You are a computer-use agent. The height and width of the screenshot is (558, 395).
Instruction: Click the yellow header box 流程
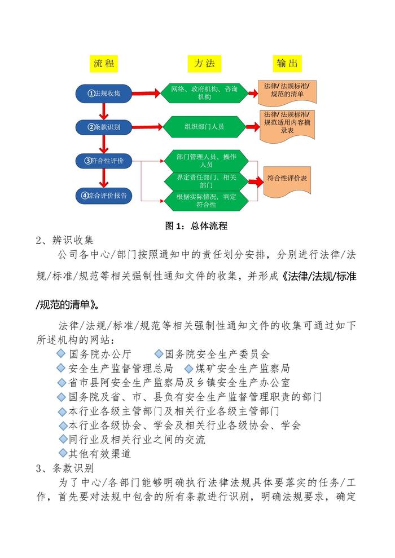tap(104, 64)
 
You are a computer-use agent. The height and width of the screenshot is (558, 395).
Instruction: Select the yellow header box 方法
tap(204, 64)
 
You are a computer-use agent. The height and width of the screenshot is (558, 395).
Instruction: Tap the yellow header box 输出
tap(287, 64)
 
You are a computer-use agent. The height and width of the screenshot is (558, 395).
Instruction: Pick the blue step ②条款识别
tap(104, 127)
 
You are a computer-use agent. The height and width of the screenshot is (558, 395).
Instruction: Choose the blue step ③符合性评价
tap(104, 161)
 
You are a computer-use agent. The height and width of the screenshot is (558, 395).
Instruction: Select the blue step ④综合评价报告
tap(104, 195)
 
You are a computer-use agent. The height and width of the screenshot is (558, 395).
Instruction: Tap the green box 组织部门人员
tap(204, 127)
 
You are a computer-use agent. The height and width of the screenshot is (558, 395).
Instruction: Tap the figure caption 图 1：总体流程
tap(196, 226)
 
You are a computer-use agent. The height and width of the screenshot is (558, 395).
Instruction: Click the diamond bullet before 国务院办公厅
tap(62, 353)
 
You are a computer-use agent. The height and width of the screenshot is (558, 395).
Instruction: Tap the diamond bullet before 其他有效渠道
tap(62, 452)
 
